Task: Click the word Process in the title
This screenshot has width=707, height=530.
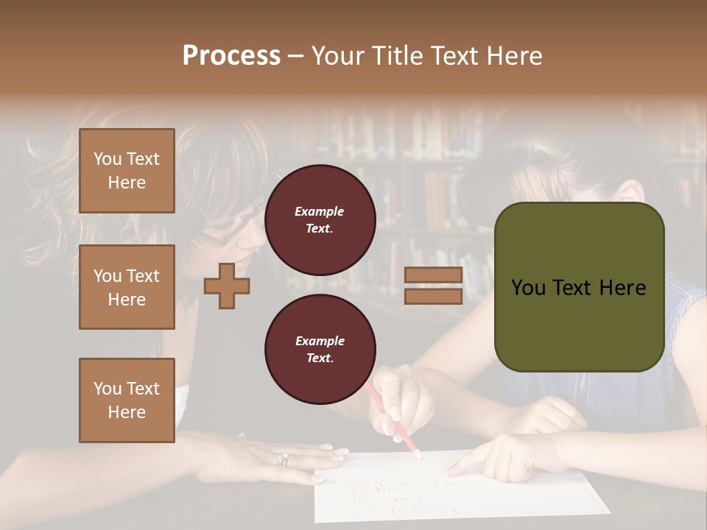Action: [231, 56]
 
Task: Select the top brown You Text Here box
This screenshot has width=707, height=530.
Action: [127, 171]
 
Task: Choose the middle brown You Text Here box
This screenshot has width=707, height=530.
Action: [127, 287]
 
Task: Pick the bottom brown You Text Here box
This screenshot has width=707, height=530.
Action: [127, 400]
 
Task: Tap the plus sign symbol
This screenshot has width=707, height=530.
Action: [227, 286]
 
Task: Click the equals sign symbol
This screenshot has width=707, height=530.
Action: [433, 286]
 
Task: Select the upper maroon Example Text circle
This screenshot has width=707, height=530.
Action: [320, 219]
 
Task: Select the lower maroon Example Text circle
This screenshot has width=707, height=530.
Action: [320, 349]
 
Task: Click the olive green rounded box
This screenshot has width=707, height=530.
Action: [579, 286]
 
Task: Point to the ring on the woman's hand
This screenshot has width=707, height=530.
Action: [282, 460]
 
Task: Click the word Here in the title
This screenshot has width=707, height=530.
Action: [515, 56]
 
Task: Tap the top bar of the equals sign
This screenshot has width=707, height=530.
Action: [433, 275]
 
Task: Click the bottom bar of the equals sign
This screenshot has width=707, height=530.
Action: [433, 296]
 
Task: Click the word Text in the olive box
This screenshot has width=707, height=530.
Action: [578, 287]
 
